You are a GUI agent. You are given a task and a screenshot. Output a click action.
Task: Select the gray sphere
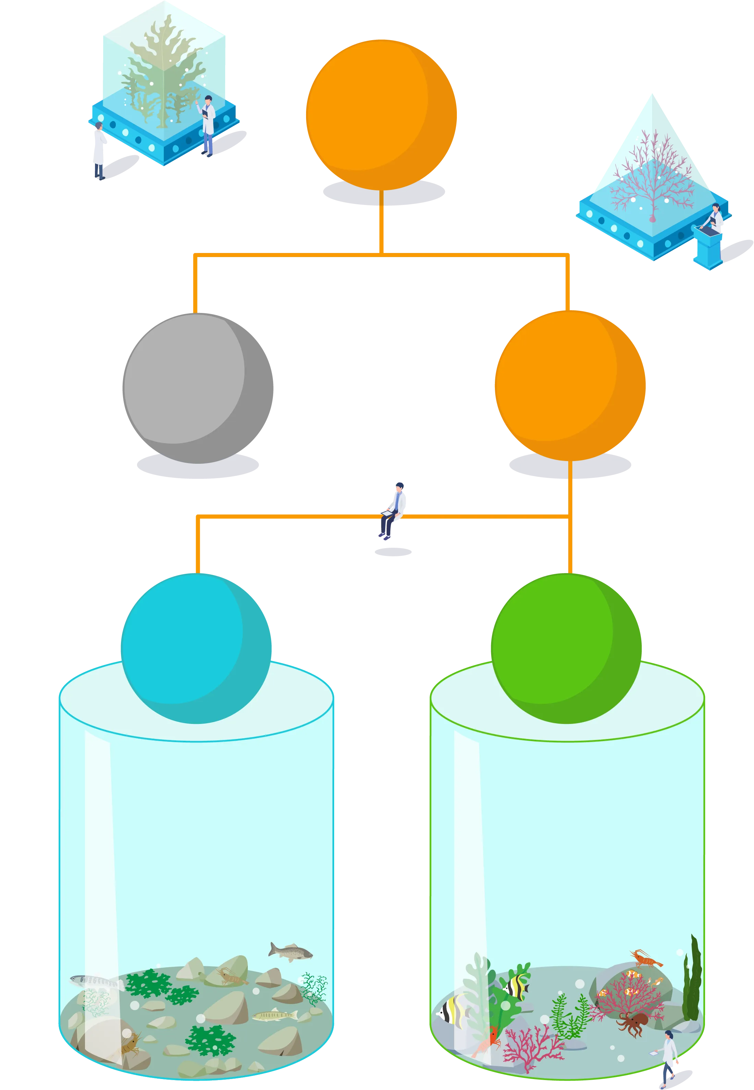coord(197,387)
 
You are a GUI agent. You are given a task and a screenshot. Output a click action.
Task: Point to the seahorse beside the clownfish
coord(657,980)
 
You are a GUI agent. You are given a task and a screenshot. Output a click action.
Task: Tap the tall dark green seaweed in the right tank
coord(692,983)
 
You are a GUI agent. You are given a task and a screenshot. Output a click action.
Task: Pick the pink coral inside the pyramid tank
coord(652,180)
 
